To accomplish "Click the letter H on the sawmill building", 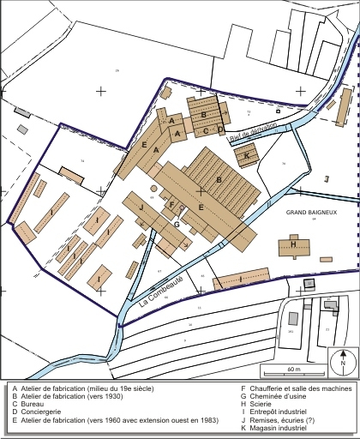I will coord(294,244).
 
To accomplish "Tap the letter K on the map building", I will coord(247,155).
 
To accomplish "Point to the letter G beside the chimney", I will coord(176,224).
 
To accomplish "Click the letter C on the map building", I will coord(206,131).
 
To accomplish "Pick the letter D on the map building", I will coord(219,130).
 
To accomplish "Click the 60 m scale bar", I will coord(293,370).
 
